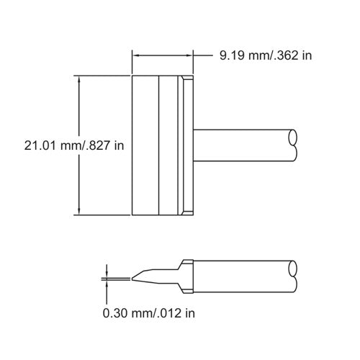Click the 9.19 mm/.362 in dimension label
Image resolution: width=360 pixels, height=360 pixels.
pyautogui.click(x=266, y=55)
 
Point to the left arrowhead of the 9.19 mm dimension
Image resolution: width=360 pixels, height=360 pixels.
pyautogui.click(x=135, y=55)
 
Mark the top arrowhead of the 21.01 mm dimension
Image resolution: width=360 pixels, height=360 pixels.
pyautogui.click(x=78, y=78)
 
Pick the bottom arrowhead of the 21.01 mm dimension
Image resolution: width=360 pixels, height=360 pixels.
pyautogui.click(x=78, y=210)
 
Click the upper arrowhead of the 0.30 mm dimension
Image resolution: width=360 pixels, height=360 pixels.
pyautogui.click(x=107, y=274)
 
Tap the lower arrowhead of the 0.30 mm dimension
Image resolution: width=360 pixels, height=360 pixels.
pyautogui.click(x=107, y=285)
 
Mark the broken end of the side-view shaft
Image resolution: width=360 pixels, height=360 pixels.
pyautogui.click(x=292, y=276)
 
